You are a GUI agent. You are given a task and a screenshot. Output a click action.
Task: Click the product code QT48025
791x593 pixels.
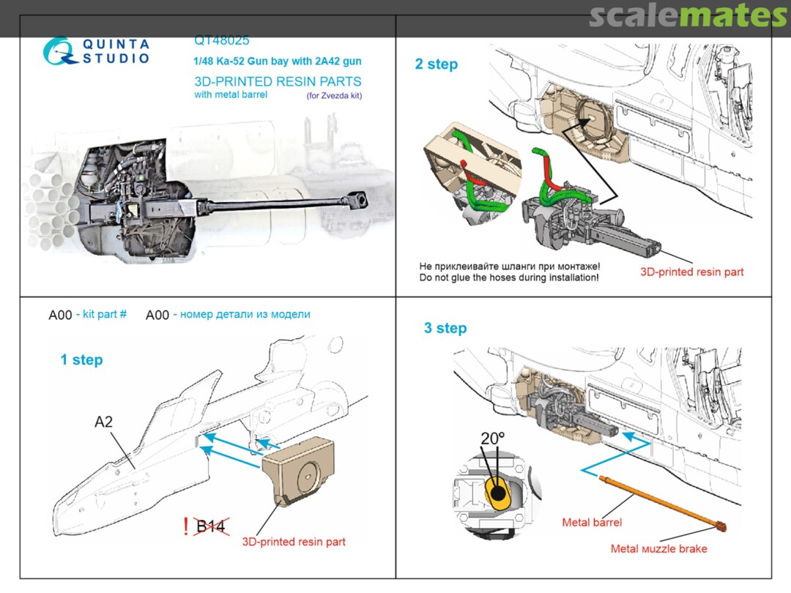click(221, 41)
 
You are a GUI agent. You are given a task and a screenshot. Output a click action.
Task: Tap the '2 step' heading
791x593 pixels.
click(436, 64)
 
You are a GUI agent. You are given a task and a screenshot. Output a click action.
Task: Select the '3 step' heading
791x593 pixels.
click(445, 328)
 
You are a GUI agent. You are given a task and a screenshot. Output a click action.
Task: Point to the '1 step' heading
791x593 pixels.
click(81, 360)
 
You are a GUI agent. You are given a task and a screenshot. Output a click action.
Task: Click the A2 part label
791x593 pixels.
click(105, 422)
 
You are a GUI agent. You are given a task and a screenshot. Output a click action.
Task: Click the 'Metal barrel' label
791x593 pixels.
click(592, 523)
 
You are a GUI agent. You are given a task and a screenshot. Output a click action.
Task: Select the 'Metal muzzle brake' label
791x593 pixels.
click(659, 548)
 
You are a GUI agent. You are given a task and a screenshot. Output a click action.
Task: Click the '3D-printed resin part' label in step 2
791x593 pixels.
click(691, 272)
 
